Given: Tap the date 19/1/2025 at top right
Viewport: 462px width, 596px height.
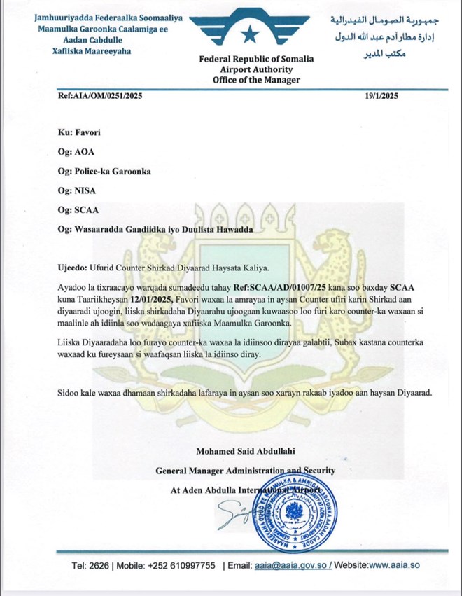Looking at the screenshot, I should pyautogui.click(x=381, y=97).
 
